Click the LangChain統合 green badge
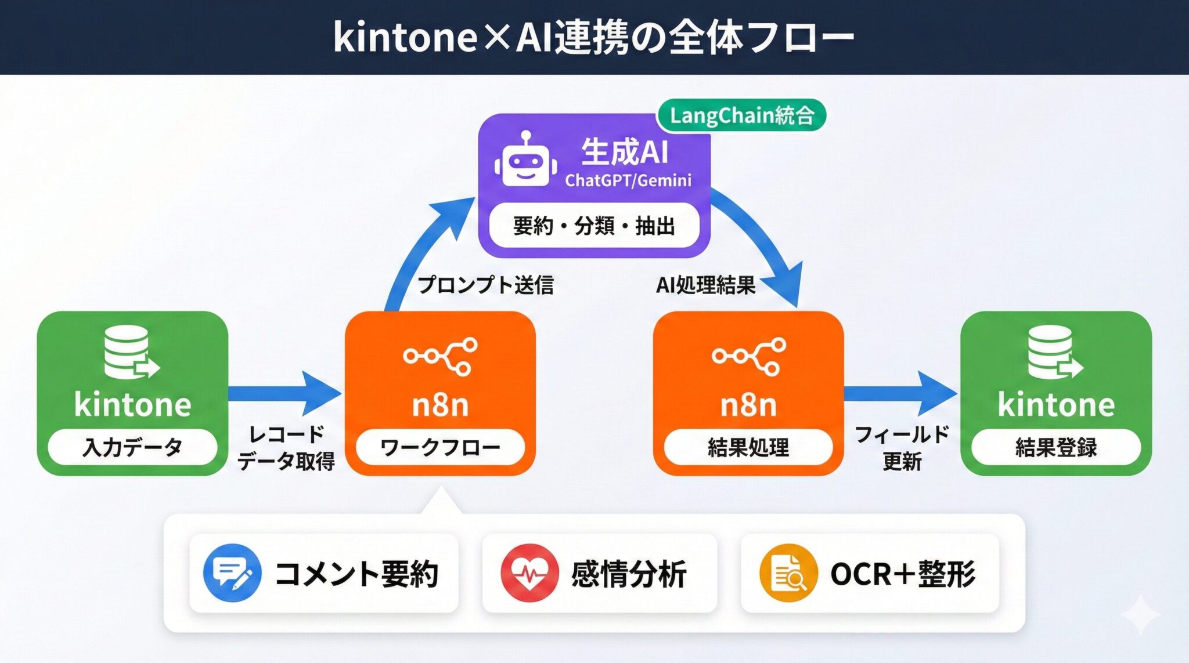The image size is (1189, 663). [x=741, y=115]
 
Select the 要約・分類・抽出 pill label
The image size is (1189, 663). [x=594, y=226]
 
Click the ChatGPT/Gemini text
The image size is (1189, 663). [x=628, y=180]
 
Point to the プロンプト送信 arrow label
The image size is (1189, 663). [x=485, y=285]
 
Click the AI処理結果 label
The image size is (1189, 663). [x=705, y=285]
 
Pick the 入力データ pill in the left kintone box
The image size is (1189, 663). [x=132, y=447]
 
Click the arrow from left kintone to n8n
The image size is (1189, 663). [x=284, y=393]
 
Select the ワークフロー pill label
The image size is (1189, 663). [x=440, y=447]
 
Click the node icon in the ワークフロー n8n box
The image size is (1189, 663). [x=441, y=356]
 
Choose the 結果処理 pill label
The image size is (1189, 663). [x=748, y=447]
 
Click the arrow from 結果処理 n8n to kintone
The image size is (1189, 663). [x=900, y=393]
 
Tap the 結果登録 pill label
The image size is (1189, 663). [x=1056, y=447]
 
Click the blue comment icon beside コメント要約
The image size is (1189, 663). [x=232, y=573]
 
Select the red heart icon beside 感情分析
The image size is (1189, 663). [x=529, y=573]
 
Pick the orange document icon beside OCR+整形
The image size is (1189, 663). [x=788, y=573]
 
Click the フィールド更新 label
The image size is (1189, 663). [x=902, y=448]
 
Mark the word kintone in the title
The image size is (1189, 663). [x=405, y=38]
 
